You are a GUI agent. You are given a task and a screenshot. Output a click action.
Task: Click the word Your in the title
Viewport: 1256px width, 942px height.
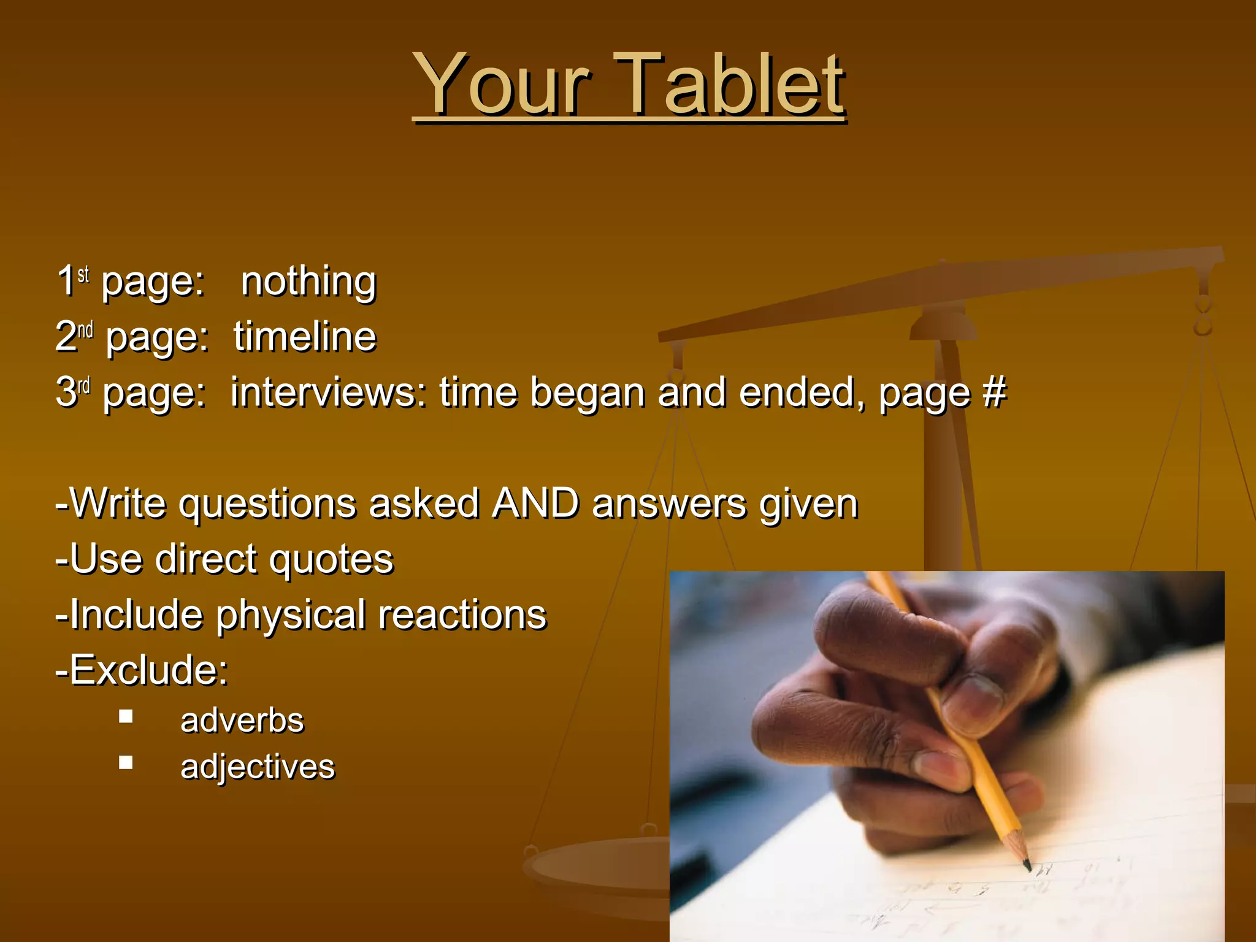point(502,84)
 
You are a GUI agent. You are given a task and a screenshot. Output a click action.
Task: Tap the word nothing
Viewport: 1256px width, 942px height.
point(308,282)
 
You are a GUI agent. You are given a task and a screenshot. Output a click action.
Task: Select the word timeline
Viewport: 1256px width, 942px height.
point(305,337)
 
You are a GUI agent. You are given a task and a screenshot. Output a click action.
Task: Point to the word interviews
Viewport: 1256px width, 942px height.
point(328,392)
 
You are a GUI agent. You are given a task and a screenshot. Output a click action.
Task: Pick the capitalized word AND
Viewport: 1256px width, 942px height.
point(535,504)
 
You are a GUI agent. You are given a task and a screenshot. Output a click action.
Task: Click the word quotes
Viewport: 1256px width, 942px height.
point(331,559)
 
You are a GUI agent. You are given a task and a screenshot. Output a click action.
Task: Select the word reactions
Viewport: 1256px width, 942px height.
point(462,615)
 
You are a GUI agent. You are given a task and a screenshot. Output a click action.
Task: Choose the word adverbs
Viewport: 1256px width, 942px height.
point(242,721)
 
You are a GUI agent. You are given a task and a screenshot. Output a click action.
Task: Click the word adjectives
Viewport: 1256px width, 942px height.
point(258,767)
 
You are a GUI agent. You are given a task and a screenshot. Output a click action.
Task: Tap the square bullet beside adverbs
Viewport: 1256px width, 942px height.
point(126,716)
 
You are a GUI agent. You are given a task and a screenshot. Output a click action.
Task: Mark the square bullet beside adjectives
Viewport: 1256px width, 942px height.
point(126,762)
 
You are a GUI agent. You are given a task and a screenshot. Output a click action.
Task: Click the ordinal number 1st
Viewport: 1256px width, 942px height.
point(72,281)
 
